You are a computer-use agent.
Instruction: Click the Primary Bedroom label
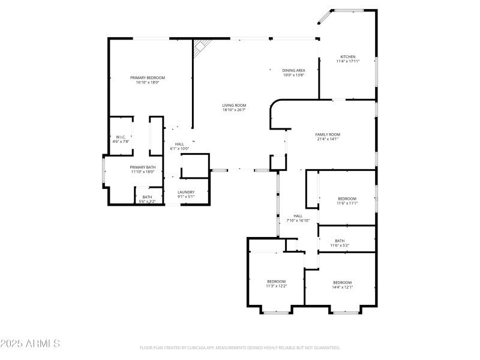pos(148,78)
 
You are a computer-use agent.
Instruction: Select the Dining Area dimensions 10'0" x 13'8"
pos(294,75)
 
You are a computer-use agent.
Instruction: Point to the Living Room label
pos(234,106)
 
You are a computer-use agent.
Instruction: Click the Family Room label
pos(328,134)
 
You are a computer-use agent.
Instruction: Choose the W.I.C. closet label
pos(122,137)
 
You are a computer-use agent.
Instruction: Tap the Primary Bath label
pos(143,167)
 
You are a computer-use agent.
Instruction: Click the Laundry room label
pos(186,192)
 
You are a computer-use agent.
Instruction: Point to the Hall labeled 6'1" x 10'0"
pos(179,144)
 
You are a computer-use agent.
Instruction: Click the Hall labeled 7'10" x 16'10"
pos(298,216)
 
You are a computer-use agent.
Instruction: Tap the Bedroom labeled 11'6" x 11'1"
pos(347,199)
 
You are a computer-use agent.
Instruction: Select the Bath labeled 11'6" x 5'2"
pos(340,241)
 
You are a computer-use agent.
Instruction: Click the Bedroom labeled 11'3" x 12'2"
pos(277,281)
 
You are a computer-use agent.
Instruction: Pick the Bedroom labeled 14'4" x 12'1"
pos(343,282)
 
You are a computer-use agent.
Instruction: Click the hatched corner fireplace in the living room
pos(202,47)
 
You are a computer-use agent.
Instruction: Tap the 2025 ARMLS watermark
pos(30,344)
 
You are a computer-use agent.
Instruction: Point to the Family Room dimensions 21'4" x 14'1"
pos(328,139)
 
